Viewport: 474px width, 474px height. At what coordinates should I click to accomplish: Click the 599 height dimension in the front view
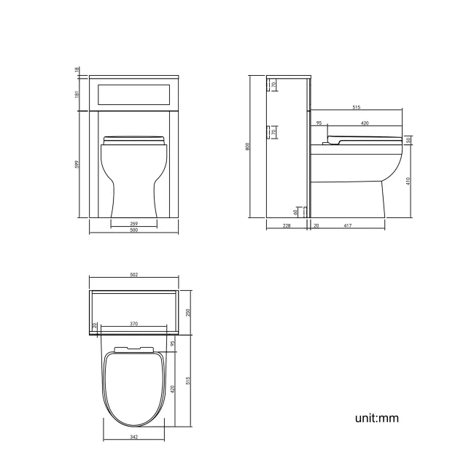click(x=77, y=165)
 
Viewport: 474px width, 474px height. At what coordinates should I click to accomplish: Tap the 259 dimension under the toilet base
click(x=133, y=223)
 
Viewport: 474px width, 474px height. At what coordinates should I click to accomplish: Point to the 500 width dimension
click(x=133, y=231)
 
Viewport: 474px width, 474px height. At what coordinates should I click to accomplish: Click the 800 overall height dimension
click(x=249, y=147)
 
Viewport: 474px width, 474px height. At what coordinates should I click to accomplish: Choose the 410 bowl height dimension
click(x=408, y=181)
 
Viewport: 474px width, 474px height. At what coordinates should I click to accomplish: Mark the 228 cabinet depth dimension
click(x=287, y=226)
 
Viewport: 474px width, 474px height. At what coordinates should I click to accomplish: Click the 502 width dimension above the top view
click(x=133, y=275)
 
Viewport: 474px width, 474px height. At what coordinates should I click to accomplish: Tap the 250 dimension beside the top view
click(x=187, y=312)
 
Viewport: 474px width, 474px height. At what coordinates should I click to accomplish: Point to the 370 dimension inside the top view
click(x=134, y=323)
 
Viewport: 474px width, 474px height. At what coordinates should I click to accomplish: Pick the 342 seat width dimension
click(x=133, y=438)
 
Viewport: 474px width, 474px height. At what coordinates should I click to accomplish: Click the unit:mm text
click(x=376, y=419)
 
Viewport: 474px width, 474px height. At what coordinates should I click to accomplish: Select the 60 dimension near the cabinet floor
click(x=295, y=211)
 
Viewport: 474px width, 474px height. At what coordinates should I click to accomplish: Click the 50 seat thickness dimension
click(x=408, y=140)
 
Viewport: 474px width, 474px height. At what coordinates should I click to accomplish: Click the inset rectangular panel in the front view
click(x=133, y=93)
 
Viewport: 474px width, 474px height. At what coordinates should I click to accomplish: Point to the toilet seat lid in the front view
click(x=133, y=139)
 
